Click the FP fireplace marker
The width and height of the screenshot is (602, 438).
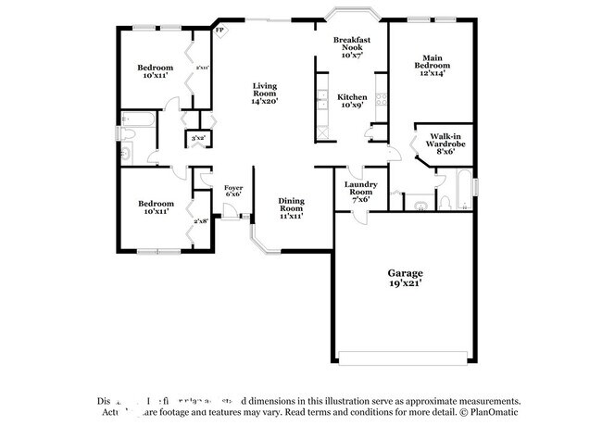click(219, 31)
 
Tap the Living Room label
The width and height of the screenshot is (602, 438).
click(266, 94)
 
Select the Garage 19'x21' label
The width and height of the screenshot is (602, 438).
click(405, 278)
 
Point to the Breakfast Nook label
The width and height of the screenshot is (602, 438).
click(352, 46)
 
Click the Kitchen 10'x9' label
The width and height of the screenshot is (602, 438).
click(352, 101)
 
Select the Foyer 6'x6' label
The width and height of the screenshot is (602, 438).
click(233, 191)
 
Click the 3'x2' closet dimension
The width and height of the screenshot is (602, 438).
click(197, 139)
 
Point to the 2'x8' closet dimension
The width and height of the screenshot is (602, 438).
click(200, 220)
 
